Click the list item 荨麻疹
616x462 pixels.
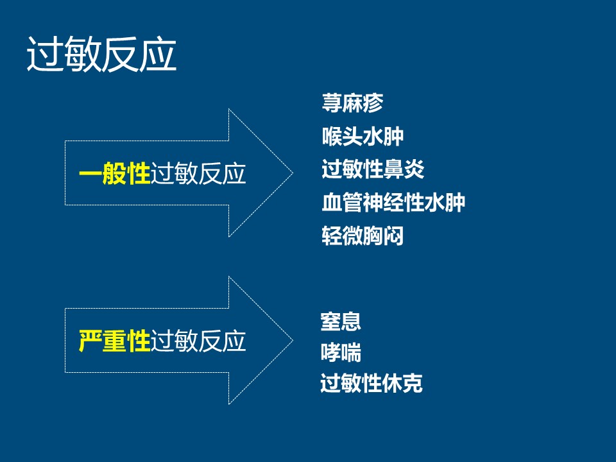coord(352,103)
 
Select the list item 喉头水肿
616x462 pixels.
coord(363,137)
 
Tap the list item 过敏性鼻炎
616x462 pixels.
coord(373,170)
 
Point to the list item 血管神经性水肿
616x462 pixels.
coord(393,203)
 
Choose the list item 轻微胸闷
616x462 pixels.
coord(363,236)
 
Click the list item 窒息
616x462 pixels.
coord(341,321)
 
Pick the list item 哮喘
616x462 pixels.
coord(341,353)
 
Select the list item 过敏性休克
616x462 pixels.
coord(372,384)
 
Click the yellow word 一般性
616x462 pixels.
coord(114,174)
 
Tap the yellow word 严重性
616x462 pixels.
coord(114,341)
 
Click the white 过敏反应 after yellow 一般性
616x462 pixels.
coord(198,174)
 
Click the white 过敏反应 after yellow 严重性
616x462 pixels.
coord(198,341)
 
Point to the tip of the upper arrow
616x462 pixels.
coord(292,173)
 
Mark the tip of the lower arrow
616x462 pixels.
coord(292,340)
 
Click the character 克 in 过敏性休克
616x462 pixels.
coord(413,384)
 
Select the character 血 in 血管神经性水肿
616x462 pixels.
coord(332,203)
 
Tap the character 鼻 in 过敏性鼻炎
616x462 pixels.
coord(393,170)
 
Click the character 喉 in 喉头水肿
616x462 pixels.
coord(332,137)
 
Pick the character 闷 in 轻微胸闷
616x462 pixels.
coord(393,236)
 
